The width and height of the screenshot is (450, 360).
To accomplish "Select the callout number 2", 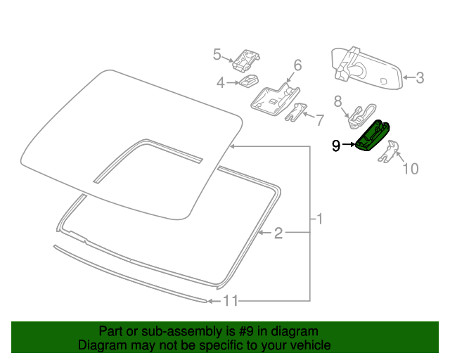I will click(278, 233).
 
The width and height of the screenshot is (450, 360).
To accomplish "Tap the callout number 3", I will click(419, 78).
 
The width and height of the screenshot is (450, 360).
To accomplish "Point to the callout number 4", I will click(221, 83).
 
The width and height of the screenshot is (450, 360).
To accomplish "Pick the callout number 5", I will click(217, 54).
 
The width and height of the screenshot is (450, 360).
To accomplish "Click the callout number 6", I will click(297, 65).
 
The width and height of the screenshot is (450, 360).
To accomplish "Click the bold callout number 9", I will click(337, 146).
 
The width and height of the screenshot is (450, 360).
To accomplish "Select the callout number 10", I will click(409, 168).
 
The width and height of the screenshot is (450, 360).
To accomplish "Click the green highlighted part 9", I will click(373, 136).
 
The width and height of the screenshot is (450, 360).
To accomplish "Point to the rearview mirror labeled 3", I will click(366, 70).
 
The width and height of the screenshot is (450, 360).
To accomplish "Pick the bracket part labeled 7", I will click(298, 112).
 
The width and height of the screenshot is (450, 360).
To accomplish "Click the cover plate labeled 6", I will click(274, 98).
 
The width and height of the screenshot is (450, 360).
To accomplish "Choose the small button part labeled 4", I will click(248, 82).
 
